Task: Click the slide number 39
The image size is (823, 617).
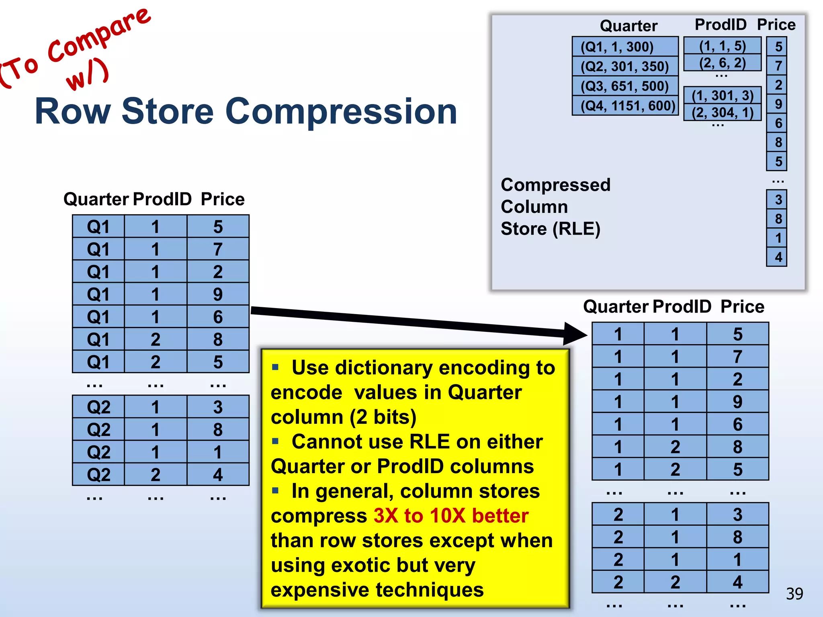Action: (794, 594)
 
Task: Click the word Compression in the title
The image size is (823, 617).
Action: (341, 111)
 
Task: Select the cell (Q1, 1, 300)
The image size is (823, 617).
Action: (625, 47)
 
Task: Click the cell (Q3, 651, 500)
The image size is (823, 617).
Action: (625, 86)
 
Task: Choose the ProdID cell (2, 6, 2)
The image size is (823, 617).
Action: (722, 63)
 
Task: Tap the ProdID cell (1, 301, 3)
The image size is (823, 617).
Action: (722, 96)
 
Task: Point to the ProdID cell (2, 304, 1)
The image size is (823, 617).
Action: (722, 112)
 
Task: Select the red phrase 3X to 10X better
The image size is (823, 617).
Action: (450, 515)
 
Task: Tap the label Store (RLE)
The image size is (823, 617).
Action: (550, 229)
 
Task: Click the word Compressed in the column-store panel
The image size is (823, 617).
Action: (555, 185)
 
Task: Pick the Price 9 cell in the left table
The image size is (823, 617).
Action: (218, 294)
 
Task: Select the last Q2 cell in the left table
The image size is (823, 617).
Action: (98, 475)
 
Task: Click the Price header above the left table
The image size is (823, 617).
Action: (223, 199)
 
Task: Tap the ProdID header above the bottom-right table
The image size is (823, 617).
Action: (682, 306)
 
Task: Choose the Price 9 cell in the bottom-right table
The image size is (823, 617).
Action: (737, 402)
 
